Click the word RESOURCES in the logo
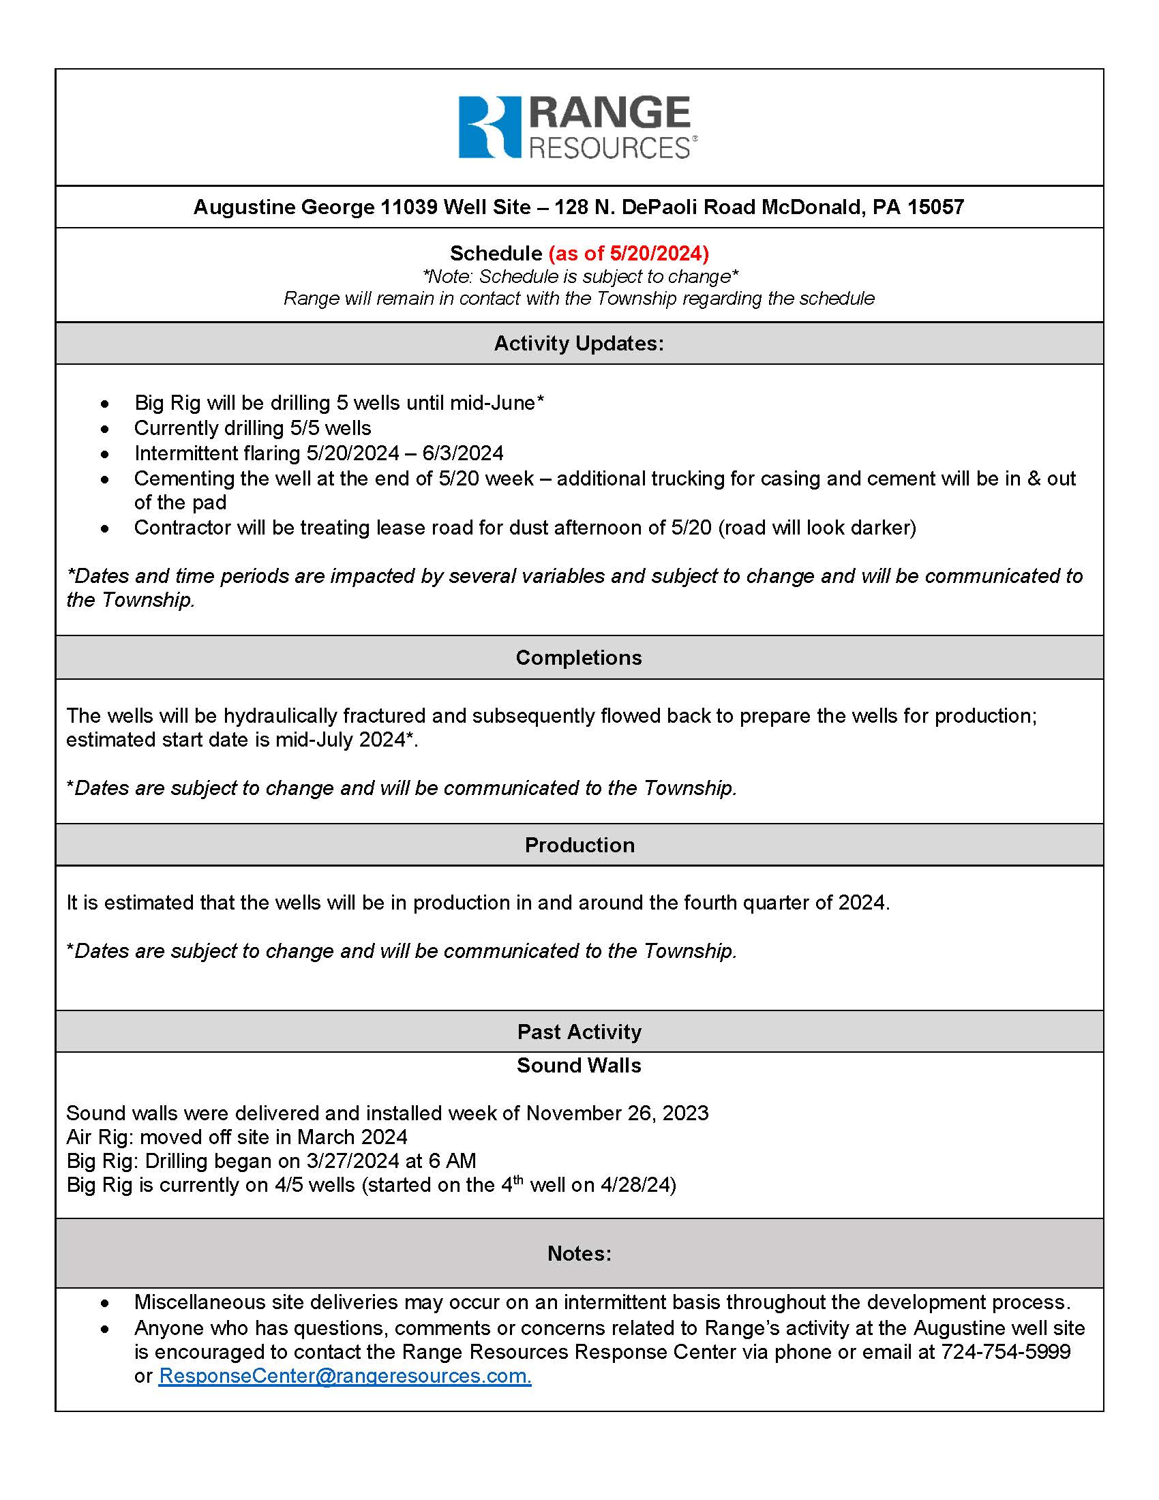click(609, 149)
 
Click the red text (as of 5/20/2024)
click(629, 254)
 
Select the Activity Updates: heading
click(579, 344)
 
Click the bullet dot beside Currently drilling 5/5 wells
click(104, 429)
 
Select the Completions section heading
click(579, 657)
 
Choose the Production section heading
click(579, 845)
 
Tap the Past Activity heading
click(579, 1032)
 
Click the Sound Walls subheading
click(579, 1065)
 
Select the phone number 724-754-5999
click(1005, 1351)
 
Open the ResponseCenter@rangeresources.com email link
click(345, 1376)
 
